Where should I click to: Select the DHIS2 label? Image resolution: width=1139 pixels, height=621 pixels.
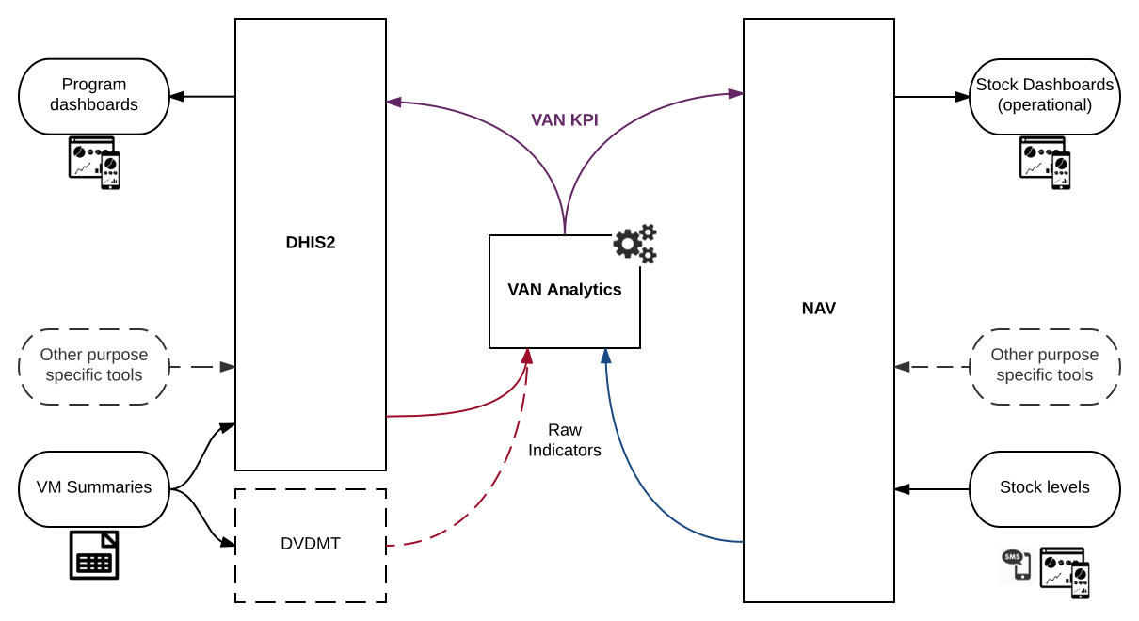pyautogui.click(x=311, y=243)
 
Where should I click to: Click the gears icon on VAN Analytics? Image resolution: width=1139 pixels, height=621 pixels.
pyautogui.click(x=635, y=244)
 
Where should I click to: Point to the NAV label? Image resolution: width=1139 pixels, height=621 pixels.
pyautogui.click(x=819, y=309)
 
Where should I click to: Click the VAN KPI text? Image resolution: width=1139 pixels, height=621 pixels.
pyautogui.click(x=565, y=120)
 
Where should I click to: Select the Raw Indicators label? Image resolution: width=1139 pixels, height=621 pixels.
pyautogui.click(x=565, y=440)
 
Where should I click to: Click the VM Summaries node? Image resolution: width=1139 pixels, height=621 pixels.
pyautogui.click(x=94, y=488)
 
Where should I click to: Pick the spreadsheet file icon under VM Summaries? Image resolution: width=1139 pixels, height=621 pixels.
pyautogui.click(x=94, y=555)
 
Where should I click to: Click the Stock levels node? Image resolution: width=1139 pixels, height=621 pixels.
pyautogui.click(x=1045, y=488)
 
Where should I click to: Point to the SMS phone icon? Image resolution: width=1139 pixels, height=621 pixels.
pyautogui.click(x=1015, y=564)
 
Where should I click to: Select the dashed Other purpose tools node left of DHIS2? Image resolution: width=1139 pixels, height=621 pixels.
pyautogui.click(x=94, y=366)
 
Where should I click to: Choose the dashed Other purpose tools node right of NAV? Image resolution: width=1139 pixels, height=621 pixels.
pyautogui.click(x=1045, y=366)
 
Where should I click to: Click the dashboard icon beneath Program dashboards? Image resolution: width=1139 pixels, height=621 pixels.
pyautogui.click(x=94, y=162)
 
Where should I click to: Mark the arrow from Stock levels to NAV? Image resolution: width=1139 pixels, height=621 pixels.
pyautogui.click(x=932, y=489)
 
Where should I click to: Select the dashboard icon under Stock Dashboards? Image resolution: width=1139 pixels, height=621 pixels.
pyautogui.click(x=1045, y=162)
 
